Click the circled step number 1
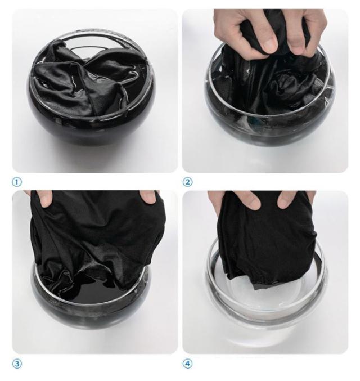click(x=17, y=182)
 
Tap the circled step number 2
click(x=187, y=182)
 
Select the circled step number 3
click(x=17, y=364)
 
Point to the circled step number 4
click(x=187, y=364)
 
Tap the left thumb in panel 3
click(x=46, y=198)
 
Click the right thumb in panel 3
click(x=148, y=196)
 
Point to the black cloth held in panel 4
click(x=267, y=240)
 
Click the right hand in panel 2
click(x=306, y=32)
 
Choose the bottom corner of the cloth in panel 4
click(x=254, y=289)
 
